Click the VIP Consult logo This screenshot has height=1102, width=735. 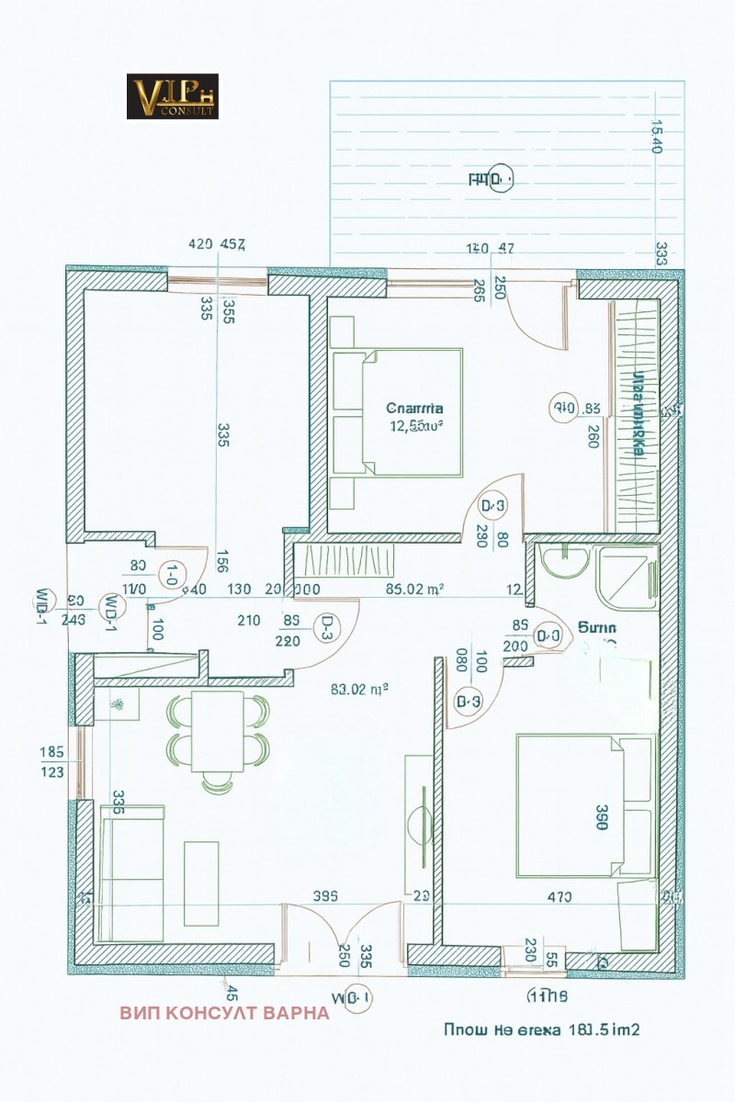(172, 96)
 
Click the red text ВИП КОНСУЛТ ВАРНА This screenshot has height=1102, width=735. (224, 1013)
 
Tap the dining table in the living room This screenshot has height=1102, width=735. (218, 731)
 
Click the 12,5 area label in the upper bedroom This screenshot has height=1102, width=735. (414, 425)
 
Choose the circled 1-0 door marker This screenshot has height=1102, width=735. (172, 575)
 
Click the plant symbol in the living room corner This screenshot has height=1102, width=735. (117, 704)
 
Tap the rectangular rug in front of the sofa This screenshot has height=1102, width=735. (202, 883)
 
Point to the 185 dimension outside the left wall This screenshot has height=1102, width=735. (51, 752)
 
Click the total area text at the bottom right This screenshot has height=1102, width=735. (541, 1029)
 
